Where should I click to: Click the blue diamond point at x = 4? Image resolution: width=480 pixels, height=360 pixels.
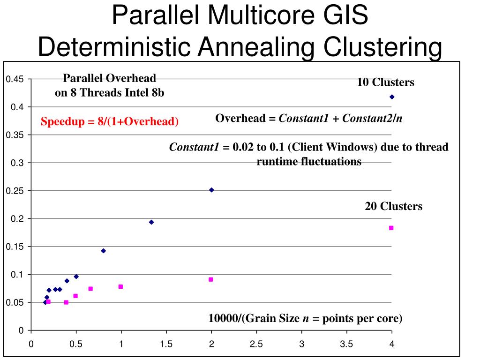pyautogui.click(x=392, y=97)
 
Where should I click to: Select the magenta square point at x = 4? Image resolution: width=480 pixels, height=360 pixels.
pyautogui.click(x=391, y=228)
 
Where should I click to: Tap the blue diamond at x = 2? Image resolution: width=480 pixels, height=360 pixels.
pyautogui.click(x=211, y=190)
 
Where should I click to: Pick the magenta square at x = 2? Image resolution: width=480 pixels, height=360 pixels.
pyautogui.click(x=211, y=279)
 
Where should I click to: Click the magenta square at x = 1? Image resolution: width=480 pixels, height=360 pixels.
pyautogui.click(x=120, y=286)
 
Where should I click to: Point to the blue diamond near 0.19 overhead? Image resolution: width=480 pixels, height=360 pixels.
pyautogui.click(x=151, y=222)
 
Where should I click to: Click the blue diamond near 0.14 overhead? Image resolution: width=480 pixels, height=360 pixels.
pyautogui.click(x=103, y=251)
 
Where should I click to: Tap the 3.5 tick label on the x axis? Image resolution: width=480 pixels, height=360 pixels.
pyautogui.click(x=346, y=344)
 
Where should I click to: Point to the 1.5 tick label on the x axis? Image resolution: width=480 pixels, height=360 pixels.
pyautogui.click(x=166, y=344)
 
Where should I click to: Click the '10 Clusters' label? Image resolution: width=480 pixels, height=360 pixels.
pyautogui.click(x=385, y=82)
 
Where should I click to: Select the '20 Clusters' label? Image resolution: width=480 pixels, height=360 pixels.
pyautogui.click(x=393, y=206)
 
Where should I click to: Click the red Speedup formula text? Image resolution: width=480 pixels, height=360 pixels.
pyautogui.click(x=110, y=122)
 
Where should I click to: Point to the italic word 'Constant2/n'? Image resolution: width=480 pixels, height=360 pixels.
pyautogui.click(x=372, y=118)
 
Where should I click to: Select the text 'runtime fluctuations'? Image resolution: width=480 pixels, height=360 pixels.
pyautogui.click(x=309, y=162)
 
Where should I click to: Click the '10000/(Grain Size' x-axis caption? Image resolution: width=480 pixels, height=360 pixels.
pyautogui.click(x=254, y=319)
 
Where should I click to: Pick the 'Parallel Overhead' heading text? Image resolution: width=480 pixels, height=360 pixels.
pyautogui.click(x=110, y=78)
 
